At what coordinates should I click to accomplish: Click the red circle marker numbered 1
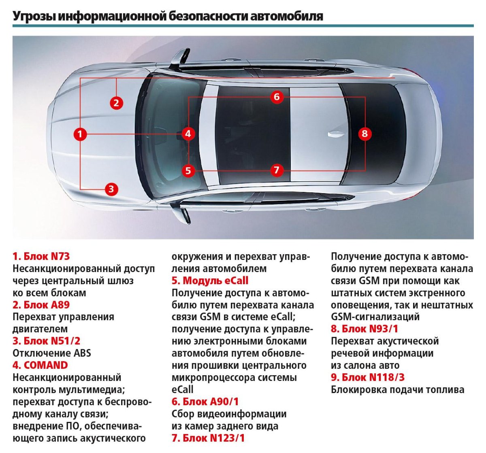[x=80, y=134]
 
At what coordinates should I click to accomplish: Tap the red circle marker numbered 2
[x=116, y=103]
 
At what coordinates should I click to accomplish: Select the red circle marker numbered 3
[x=111, y=189]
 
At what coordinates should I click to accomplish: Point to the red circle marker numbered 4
[x=188, y=134]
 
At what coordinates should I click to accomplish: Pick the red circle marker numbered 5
[x=188, y=170]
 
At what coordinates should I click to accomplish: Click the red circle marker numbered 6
[x=277, y=97]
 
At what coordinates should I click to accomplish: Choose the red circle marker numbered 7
[x=277, y=170]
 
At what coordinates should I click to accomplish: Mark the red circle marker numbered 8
[x=364, y=134]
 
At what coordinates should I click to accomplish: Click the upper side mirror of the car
[x=179, y=57]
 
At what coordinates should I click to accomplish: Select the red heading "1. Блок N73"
[x=41, y=256]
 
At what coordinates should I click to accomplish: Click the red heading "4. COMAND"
[x=40, y=365]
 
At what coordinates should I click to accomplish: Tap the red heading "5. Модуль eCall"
[x=210, y=281]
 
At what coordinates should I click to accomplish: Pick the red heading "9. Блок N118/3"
[x=368, y=377]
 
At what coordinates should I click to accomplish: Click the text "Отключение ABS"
[x=52, y=353]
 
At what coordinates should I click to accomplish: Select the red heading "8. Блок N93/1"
[x=364, y=329]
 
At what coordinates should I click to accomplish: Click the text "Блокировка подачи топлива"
[x=397, y=389]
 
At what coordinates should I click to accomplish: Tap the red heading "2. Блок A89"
[x=41, y=305]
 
